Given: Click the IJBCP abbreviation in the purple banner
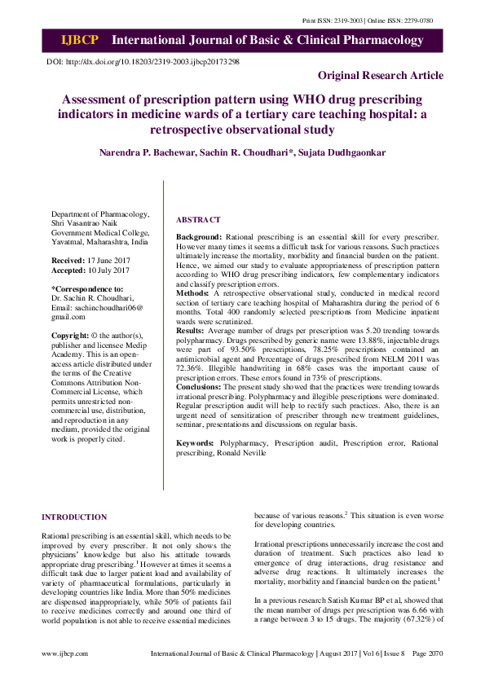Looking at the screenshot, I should point(79,40).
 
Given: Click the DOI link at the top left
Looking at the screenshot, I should point(143,62).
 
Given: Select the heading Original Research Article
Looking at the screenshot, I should point(380,76).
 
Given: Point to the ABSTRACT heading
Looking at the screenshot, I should point(198,220).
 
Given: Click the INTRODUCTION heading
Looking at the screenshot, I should point(74,517).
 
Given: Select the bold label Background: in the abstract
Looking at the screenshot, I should point(199,236).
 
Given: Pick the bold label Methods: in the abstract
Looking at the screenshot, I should point(194,291).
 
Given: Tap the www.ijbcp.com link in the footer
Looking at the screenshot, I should point(66,654).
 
